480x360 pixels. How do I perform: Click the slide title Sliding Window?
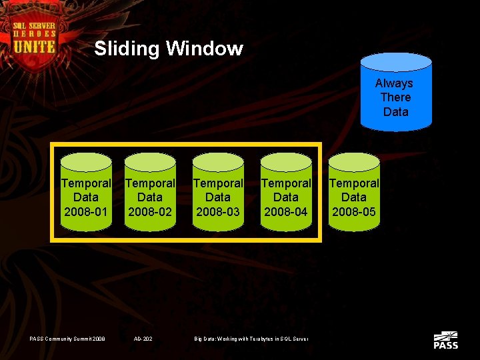tap(169, 49)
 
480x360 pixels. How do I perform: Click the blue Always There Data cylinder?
tap(395, 93)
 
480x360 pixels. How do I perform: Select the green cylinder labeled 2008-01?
tap(86, 193)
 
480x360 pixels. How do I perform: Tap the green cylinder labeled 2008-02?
tap(150, 193)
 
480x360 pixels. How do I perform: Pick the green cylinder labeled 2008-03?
tap(218, 193)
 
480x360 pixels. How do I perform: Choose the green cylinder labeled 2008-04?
tap(286, 193)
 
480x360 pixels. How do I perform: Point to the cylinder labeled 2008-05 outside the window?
tap(354, 193)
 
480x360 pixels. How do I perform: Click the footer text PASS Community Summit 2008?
tap(67, 339)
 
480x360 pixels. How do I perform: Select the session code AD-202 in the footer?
tap(143, 339)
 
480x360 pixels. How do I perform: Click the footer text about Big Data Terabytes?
tap(251, 339)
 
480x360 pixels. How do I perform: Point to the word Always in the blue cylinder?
tap(394, 83)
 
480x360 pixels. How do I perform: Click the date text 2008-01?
tap(86, 212)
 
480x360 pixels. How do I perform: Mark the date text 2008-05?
tap(354, 212)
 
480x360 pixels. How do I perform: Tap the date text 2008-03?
tap(218, 212)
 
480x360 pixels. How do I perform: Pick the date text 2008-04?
tap(286, 212)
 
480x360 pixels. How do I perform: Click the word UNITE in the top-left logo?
tap(34, 46)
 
